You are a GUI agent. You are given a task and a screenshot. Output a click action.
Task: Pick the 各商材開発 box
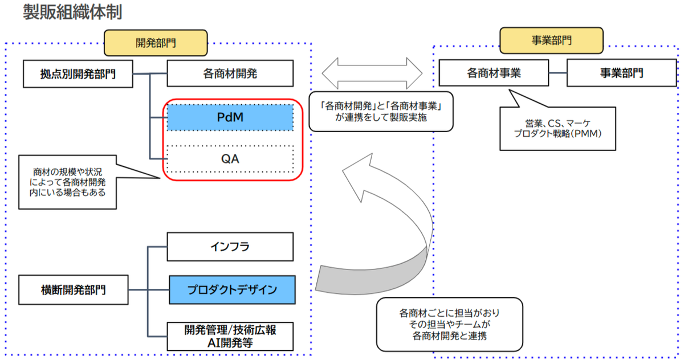[x=230, y=73]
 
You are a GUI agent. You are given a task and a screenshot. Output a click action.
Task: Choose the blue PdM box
[x=230, y=116]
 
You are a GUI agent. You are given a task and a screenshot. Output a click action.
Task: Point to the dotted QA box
[x=230, y=159]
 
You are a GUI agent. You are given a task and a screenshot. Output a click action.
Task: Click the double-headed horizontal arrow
[x=372, y=73]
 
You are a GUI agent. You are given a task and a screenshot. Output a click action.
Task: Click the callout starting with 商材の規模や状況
[x=67, y=182]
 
